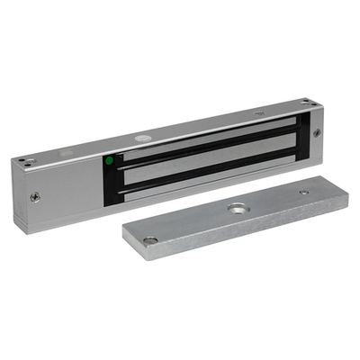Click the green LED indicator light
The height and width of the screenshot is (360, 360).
coord(109,162)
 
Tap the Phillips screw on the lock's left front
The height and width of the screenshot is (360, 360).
coord(36,196)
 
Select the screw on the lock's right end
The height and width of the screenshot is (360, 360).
coord(317,133)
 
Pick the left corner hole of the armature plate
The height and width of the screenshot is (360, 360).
coord(149,240)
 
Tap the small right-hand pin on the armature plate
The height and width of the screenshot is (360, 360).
coord(303,192)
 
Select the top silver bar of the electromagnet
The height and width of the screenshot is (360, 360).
coord(207,138)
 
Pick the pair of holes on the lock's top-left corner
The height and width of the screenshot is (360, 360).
coord(24,162)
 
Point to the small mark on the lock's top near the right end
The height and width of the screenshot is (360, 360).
coord(260,113)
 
